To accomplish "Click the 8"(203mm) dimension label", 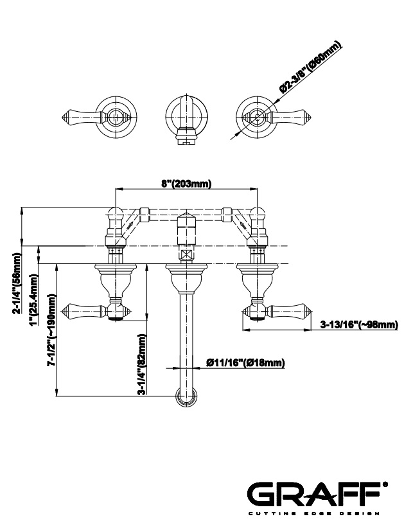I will [186, 183].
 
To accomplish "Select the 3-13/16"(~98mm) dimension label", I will [358, 325].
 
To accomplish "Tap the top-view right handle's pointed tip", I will [308, 116].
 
